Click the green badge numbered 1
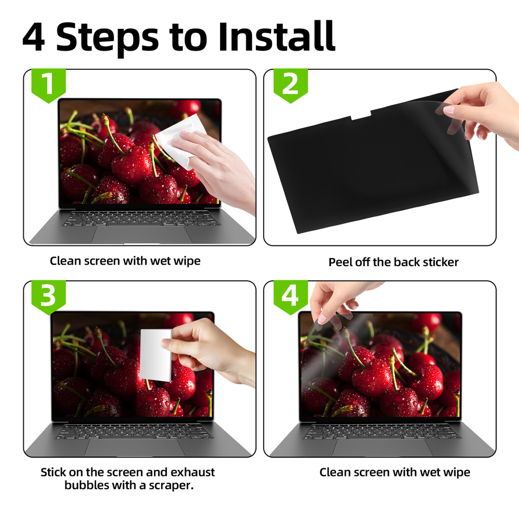pos(49,85)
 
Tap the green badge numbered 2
pos(290,85)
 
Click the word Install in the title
pos(277,36)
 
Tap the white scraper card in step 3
pos(156,355)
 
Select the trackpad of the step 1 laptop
pos(142,235)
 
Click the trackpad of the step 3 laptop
pos(135,448)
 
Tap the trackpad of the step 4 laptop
pos(383,448)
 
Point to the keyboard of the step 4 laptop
pos(382,432)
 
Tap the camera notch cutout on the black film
pos(361,115)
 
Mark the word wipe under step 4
pos(457,473)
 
